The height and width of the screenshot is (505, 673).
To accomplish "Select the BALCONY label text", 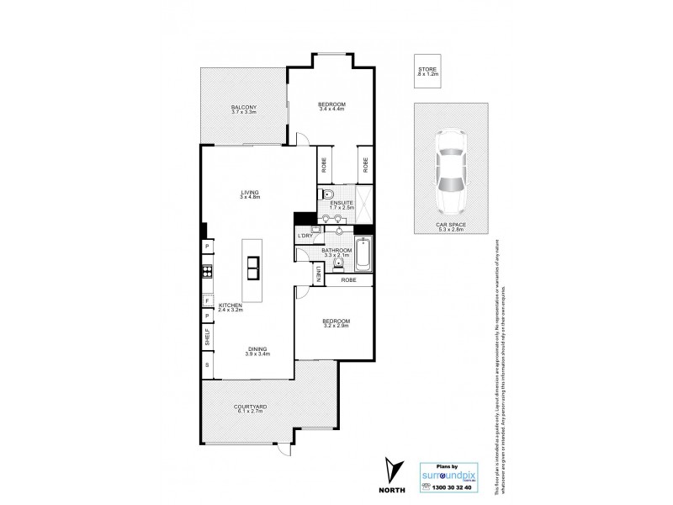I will [245, 107].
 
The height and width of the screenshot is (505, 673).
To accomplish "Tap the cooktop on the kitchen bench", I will [206, 271].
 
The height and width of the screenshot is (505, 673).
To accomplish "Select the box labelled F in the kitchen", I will [206, 300].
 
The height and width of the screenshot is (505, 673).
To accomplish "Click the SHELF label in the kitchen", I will [206, 338].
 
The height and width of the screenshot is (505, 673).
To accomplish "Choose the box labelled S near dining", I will [206, 365].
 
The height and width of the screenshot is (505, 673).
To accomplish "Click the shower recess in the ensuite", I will [363, 201].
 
